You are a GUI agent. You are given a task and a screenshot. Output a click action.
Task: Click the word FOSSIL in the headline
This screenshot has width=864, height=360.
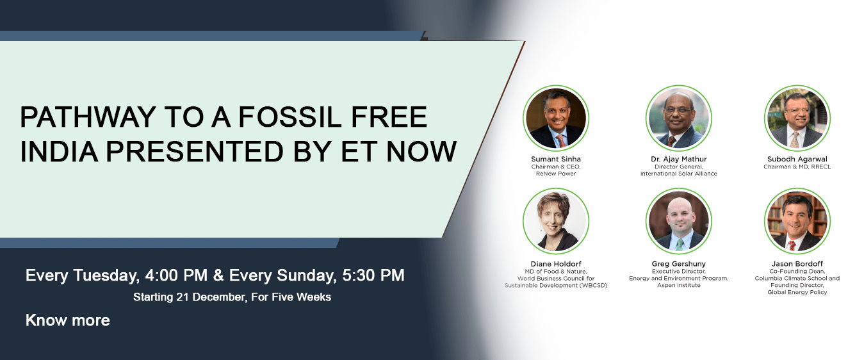click(x=289, y=117)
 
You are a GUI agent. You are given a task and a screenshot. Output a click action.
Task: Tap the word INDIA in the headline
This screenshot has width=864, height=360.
click(x=59, y=151)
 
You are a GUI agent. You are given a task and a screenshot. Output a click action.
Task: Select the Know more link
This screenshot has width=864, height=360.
click(x=67, y=320)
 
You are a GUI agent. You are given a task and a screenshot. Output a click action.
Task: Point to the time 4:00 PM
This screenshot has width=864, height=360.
click(x=176, y=275)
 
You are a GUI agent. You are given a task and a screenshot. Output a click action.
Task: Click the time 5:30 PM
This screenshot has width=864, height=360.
click(x=373, y=275)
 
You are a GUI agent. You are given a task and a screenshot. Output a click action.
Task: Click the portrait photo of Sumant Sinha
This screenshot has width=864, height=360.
click(x=556, y=118)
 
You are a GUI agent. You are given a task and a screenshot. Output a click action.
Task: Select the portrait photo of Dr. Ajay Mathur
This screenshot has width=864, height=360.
click(x=679, y=118)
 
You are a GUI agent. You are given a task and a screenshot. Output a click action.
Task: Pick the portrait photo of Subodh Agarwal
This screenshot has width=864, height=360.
click(x=797, y=118)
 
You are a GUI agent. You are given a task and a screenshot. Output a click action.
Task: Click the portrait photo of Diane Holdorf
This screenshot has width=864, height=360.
click(x=556, y=221)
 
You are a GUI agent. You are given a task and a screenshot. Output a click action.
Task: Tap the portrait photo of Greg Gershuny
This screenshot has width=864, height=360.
click(x=679, y=221)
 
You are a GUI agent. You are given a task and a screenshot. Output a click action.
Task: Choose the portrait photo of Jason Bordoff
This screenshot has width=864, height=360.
click(x=797, y=221)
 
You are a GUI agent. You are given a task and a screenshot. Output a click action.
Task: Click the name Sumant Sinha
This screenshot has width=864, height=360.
click(x=556, y=159)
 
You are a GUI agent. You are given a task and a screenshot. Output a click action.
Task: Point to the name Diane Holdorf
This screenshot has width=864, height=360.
click(x=556, y=264)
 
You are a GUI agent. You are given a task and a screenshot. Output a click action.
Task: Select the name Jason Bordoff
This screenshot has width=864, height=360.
click(x=797, y=264)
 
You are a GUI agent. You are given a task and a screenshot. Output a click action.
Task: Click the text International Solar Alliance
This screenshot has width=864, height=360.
click(x=679, y=174)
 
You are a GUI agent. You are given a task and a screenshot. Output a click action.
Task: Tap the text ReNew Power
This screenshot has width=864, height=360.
click(x=556, y=174)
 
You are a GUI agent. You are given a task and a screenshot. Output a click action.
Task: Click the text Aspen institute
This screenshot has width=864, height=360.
click(x=679, y=285)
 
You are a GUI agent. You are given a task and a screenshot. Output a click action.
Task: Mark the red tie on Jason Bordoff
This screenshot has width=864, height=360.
click(x=792, y=245)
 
